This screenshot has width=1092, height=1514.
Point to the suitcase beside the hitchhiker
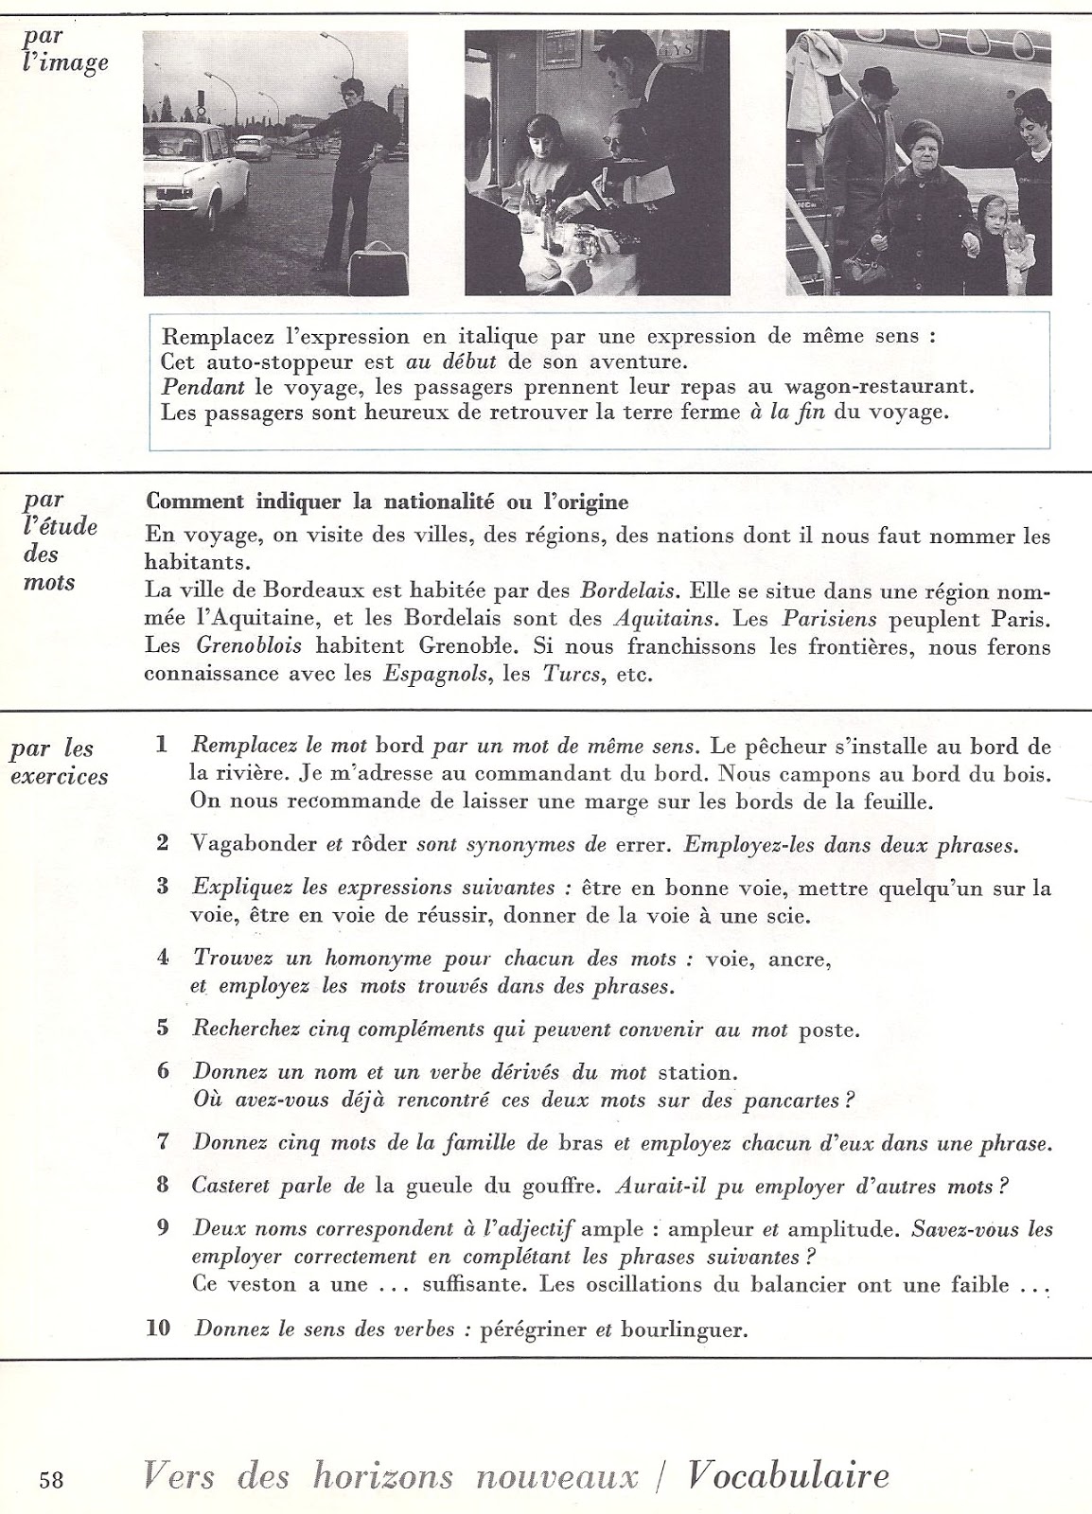[373, 272]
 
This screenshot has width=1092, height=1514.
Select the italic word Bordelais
[626, 591]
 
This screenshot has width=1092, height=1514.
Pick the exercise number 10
[159, 1328]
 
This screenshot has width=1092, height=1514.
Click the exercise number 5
[163, 1029]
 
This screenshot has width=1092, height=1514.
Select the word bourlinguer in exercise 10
[684, 1329]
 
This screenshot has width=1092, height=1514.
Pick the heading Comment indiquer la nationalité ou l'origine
[388, 501]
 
